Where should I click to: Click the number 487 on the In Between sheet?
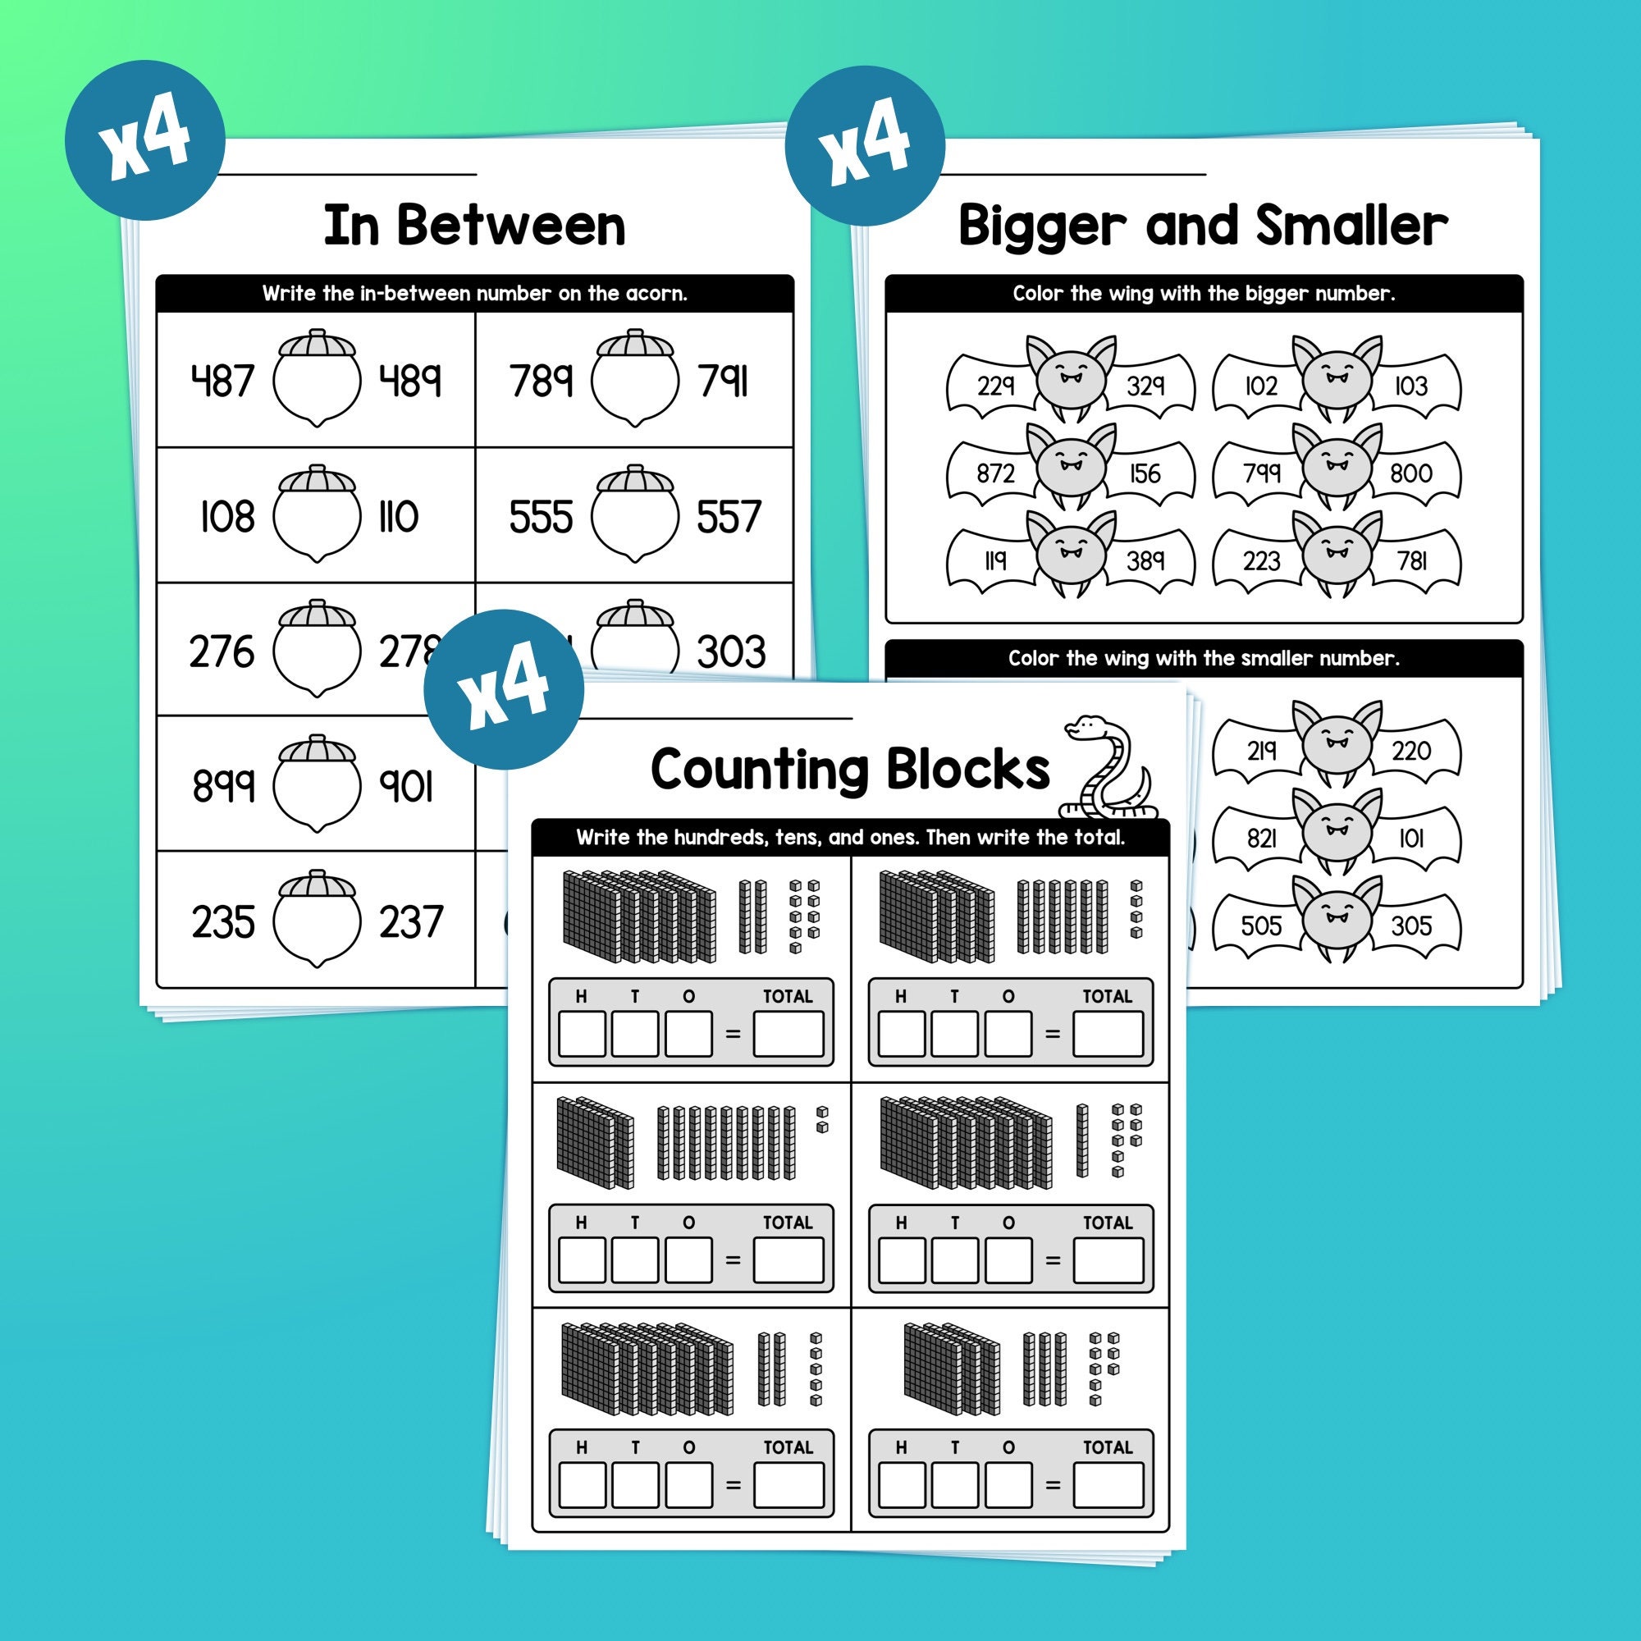pos(222,381)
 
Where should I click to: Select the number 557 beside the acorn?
pos(728,516)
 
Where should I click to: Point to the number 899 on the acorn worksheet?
pos(222,786)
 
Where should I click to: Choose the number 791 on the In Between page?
pos(723,381)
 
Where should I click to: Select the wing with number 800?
pos(1410,473)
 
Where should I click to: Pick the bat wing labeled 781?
pos(1411,560)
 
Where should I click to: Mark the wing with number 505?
pos(1261,925)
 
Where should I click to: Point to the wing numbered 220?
pos(1410,751)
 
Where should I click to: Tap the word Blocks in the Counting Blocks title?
pos(968,769)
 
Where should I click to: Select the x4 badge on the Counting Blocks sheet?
pos(504,689)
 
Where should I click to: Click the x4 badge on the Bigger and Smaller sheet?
pos(865,145)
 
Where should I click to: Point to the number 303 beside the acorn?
pos(730,652)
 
